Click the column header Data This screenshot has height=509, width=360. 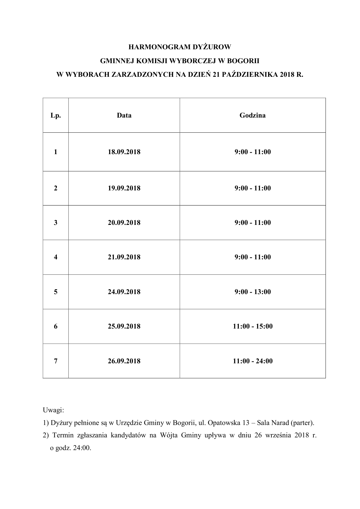pyautogui.click(x=124, y=115)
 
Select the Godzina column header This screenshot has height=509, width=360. pyautogui.click(x=252, y=115)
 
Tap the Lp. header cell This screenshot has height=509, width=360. pyautogui.click(x=56, y=115)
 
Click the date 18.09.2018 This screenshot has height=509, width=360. pyautogui.click(x=124, y=152)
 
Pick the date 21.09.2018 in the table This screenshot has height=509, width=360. pyautogui.click(x=124, y=257)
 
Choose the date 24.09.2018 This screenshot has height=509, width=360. pyautogui.click(x=124, y=292)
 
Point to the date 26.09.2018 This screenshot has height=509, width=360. pyautogui.click(x=124, y=361)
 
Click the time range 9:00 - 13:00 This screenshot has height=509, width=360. pyautogui.click(x=252, y=292)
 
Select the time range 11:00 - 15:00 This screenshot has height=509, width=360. pyautogui.click(x=252, y=326)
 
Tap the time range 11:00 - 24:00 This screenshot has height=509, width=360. pyautogui.click(x=252, y=361)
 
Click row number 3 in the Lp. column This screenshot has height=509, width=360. pyautogui.click(x=56, y=222)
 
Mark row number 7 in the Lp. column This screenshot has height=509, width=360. pyautogui.click(x=56, y=361)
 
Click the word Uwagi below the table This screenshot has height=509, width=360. pyautogui.click(x=53, y=410)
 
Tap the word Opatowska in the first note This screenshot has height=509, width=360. pyautogui.click(x=222, y=423)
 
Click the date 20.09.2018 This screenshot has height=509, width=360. pyautogui.click(x=124, y=222)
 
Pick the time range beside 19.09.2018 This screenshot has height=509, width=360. pyautogui.click(x=252, y=188)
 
